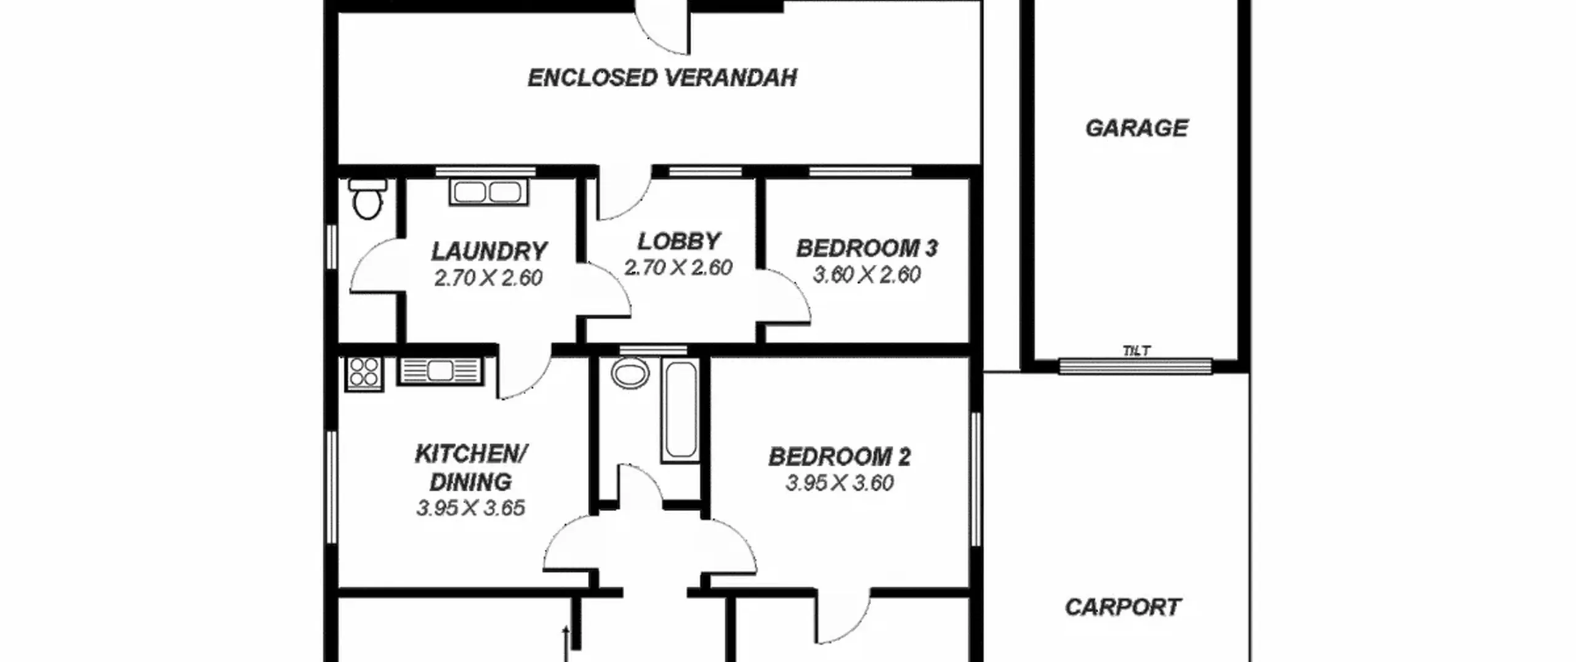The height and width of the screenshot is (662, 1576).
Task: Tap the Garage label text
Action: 1136,128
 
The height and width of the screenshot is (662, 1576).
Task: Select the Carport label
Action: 1123,607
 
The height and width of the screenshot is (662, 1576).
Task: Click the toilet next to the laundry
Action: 368,198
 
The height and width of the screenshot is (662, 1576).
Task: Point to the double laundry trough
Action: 489,192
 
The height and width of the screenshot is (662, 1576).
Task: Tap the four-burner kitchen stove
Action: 364,374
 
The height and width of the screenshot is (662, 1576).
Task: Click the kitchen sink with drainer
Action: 440,371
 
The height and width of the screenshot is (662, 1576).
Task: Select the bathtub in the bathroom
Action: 680,411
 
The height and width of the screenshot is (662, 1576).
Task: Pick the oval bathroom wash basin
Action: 630,374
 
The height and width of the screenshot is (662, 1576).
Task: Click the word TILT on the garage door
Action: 1136,351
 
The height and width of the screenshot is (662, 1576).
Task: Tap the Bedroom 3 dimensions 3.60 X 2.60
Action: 867,275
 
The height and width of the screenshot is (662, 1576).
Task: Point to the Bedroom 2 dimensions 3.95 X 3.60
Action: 840,483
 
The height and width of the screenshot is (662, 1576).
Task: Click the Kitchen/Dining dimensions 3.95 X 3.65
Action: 470,508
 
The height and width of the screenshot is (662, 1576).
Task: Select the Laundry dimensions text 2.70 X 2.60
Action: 488,278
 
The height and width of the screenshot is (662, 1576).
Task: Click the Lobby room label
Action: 678,241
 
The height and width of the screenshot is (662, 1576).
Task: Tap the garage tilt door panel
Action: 1136,366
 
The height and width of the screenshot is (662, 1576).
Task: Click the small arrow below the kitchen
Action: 566,644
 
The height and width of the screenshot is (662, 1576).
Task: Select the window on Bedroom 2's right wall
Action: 976,479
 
